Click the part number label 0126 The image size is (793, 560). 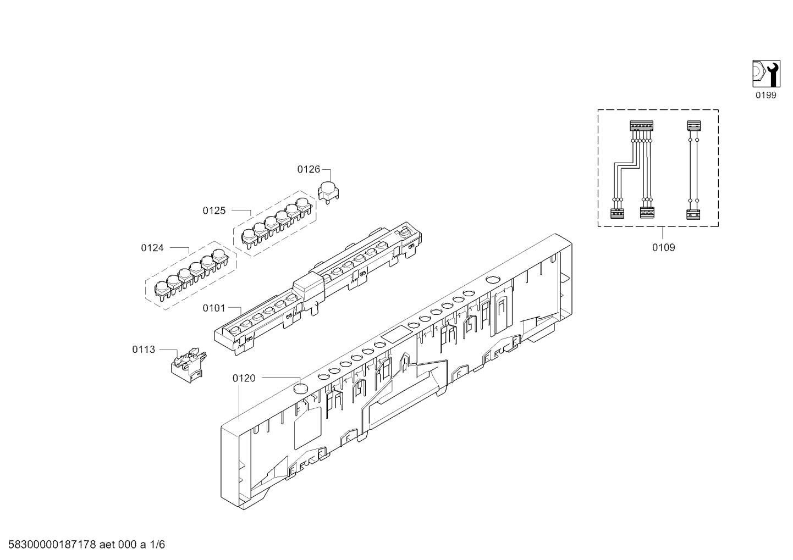tap(309, 169)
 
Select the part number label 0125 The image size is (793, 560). tap(214, 211)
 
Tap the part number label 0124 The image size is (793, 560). tap(152, 248)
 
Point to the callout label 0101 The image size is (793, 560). tap(214, 308)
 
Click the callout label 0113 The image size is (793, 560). tap(144, 350)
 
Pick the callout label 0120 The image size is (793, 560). tap(244, 379)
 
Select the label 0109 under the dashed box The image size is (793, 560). tap(663, 248)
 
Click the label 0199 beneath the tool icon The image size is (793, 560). tap(766, 95)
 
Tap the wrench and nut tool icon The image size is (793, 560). tap(766, 74)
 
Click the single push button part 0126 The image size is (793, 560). tap(328, 193)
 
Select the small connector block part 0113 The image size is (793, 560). tap(189, 365)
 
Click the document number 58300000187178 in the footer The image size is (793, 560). tap(52, 545)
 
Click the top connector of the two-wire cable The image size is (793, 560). tap(693, 126)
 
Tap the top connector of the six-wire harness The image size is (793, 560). tap(641, 126)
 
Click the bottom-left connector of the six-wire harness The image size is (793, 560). tap(617, 213)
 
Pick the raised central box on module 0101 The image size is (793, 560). tap(309, 285)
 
